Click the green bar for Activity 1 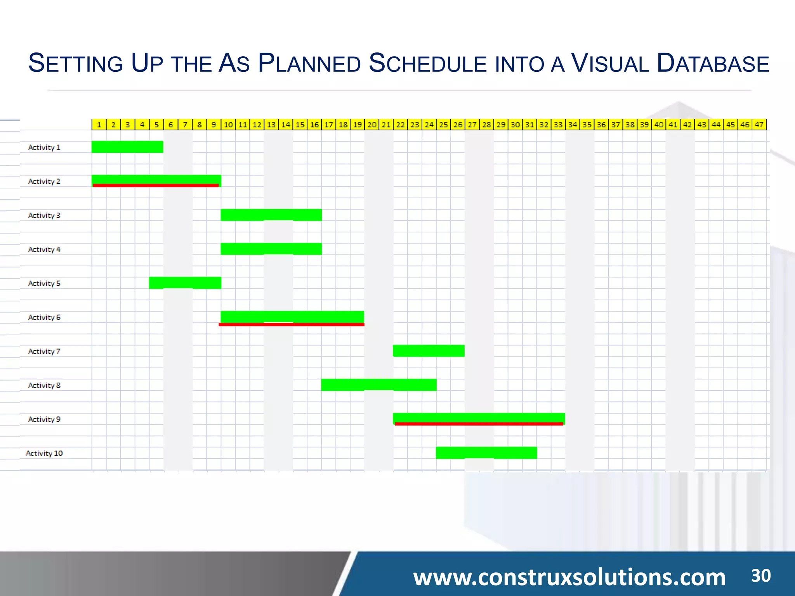point(127,147)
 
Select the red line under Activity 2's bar point(156,185)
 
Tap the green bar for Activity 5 point(185,282)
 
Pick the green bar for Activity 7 point(429,351)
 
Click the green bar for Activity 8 point(379,385)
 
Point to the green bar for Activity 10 point(486,452)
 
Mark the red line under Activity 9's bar point(479,424)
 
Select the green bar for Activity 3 point(271,215)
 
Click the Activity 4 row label point(44,249)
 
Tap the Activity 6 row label point(44,317)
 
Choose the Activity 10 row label point(44,453)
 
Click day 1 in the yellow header point(99,125)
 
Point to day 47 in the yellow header point(759,125)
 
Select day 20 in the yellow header point(372,125)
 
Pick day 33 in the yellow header point(558,125)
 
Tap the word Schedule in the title point(427,63)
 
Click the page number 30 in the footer point(761,575)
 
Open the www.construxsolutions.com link point(569,577)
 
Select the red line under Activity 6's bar point(292,324)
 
